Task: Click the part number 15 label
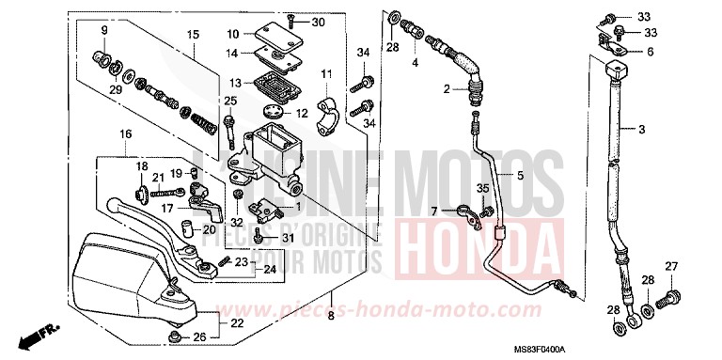[192, 35]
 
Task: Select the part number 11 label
[327, 74]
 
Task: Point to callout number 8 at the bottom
[331, 317]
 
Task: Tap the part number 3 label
[642, 129]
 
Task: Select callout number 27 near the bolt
[671, 268]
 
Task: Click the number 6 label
[650, 53]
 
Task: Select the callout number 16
[124, 134]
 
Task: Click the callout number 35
[483, 189]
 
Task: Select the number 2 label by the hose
[447, 89]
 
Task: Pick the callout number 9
[105, 31]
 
